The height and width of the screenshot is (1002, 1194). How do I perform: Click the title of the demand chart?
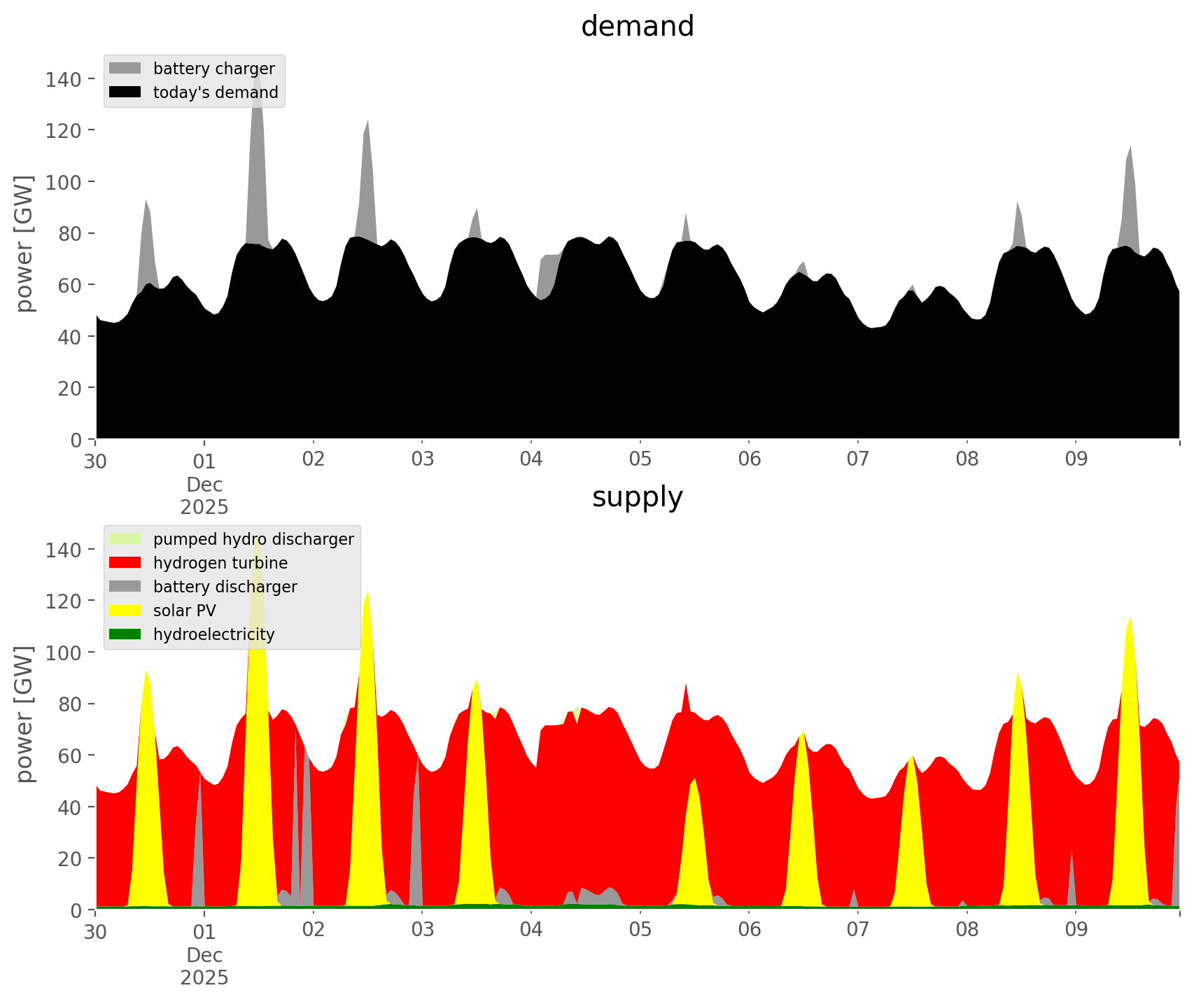point(637,27)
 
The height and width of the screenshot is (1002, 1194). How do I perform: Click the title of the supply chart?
point(637,497)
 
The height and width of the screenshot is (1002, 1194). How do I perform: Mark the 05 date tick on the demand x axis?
point(640,460)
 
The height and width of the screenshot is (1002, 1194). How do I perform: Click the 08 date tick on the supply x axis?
point(967,931)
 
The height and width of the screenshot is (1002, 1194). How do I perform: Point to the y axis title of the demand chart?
point(25,244)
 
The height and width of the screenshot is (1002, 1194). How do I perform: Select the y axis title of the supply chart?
point(25,714)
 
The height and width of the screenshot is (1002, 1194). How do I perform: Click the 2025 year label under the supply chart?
point(204,977)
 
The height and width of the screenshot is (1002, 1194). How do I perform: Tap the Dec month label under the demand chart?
point(204,485)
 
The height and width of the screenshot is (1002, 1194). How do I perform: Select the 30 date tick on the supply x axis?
point(96,931)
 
